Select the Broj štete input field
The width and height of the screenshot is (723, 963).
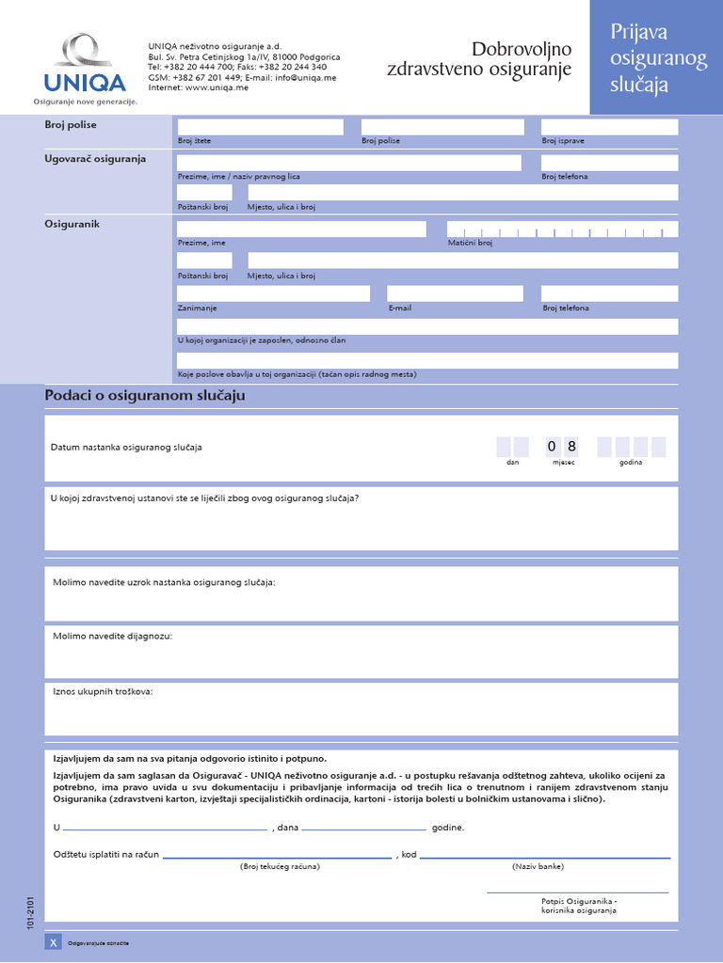pos(260,127)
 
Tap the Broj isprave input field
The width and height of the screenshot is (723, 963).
pos(609,127)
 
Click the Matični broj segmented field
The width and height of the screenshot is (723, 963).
pos(562,229)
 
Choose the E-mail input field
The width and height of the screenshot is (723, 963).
pos(454,293)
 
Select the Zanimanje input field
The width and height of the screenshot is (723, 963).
pos(273,293)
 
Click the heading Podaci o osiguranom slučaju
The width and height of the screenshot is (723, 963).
pos(145,396)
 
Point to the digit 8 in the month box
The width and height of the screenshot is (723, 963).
pos(570,447)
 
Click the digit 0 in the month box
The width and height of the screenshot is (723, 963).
pos(552,447)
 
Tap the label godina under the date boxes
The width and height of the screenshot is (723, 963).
pos(631,463)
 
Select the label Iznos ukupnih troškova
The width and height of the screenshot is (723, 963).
pos(103,691)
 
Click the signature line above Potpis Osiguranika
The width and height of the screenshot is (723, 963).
pos(577,892)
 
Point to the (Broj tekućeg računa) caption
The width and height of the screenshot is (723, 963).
pos(280,866)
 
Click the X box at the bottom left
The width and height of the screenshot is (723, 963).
pos(53,942)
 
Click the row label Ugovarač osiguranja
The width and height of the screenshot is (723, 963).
pos(95,159)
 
